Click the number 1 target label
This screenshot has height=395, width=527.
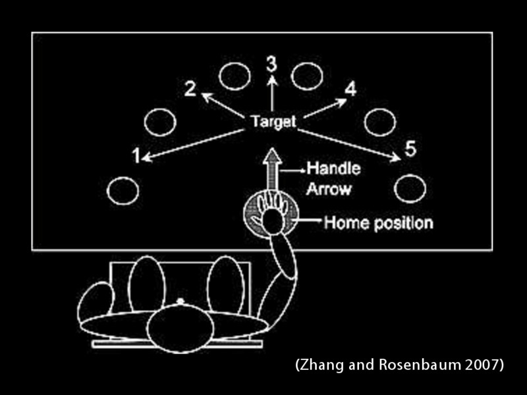[x=136, y=155]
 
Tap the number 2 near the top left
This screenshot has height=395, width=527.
[x=190, y=88]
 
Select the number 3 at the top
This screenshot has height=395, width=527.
[x=271, y=64]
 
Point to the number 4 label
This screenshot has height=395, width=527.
[x=350, y=89]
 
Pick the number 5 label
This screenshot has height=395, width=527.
[x=410, y=148]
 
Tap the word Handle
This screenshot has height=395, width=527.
[x=334, y=169]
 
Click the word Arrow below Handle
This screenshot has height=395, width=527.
[x=328, y=190]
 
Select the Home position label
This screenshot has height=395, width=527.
[x=378, y=223]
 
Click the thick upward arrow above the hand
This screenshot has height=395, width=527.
[x=271, y=170]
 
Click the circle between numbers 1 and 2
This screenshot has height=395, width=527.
[x=159, y=122]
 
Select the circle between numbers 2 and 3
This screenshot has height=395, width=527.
[x=234, y=77]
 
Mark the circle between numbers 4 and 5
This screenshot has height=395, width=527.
[x=380, y=122]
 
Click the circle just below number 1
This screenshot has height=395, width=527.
[x=123, y=191]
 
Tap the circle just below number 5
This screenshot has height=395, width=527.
[x=410, y=189]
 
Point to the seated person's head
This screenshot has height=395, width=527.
[x=180, y=327]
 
